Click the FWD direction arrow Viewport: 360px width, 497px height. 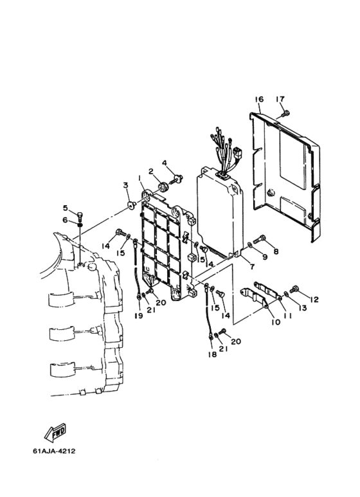[x=55, y=432]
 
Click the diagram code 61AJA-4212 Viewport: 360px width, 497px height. [x=54, y=451]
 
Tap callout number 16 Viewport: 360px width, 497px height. [x=259, y=100]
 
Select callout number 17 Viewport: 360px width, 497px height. [x=280, y=99]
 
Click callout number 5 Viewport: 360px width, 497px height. [x=66, y=208]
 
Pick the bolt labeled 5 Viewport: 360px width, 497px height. [x=80, y=216]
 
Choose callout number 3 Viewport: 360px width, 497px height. [x=125, y=185]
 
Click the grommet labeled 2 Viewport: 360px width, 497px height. [x=164, y=186]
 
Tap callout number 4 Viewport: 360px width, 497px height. [x=164, y=163]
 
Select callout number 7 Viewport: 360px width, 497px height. [x=252, y=267]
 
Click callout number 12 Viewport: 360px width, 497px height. [x=314, y=299]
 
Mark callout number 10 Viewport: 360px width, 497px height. [x=276, y=322]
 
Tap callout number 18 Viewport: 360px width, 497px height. [x=212, y=354]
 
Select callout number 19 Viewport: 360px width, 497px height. [x=138, y=316]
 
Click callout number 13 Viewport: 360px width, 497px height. [x=303, y=307]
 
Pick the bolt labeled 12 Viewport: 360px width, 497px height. [x=294, y=289]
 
